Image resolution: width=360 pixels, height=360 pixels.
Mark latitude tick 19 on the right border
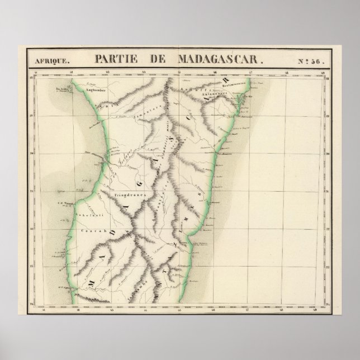click(329, 115)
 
